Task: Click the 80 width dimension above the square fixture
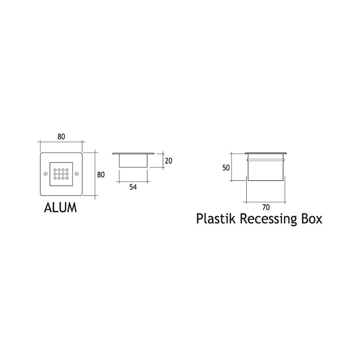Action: [61, 137]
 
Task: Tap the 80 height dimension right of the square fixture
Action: [101, 175]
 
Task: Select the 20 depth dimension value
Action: [168, 161]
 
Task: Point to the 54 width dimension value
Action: [133, 187]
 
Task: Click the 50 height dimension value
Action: [226, 168]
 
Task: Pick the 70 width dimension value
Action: [265, 207]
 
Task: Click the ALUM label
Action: [60, 207]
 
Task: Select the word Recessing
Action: [268, 219]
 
